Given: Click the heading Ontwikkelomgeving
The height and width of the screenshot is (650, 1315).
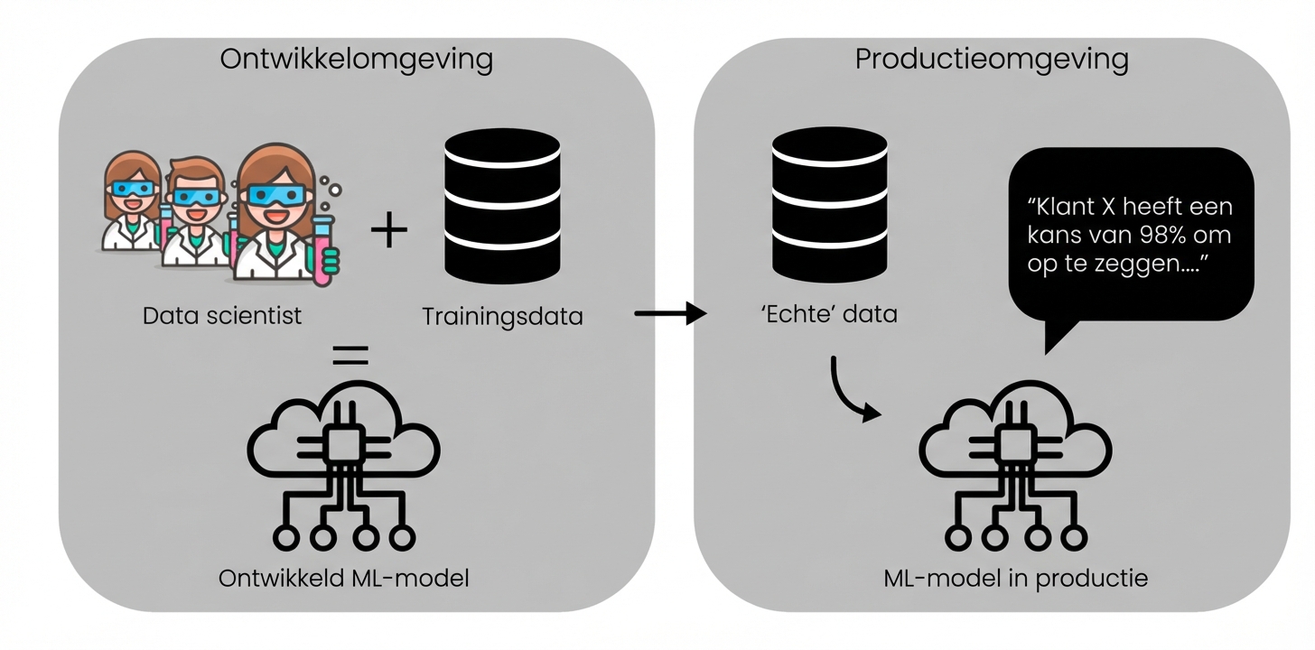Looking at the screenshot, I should [357, 60].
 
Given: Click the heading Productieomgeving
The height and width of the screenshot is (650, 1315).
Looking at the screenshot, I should [991, 60].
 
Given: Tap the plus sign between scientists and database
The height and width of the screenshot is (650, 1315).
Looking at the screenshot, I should [389, 230].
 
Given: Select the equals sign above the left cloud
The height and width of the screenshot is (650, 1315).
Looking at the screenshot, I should [350, 355].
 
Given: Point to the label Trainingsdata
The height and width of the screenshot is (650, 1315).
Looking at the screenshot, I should [502, 317].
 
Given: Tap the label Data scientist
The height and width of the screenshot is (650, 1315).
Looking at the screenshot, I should [221, 317].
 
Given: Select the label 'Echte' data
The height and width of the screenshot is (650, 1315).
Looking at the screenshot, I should [829, 315].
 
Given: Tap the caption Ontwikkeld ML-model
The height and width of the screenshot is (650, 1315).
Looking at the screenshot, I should [344, 578].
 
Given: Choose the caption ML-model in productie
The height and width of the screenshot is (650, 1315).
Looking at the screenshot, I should [1015, 578].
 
